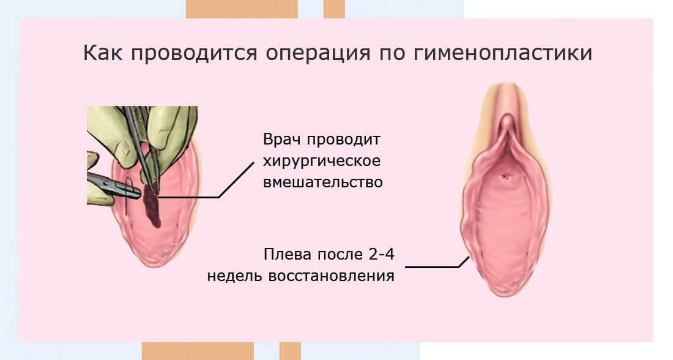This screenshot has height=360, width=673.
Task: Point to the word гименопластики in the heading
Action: tap(503, 53)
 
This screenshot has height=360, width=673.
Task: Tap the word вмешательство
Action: tap(323, 182)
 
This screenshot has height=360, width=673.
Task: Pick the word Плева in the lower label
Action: tap(287, 254)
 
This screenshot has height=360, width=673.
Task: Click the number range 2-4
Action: tap(381, 254)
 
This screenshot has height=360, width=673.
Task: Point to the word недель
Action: tap(234, 276)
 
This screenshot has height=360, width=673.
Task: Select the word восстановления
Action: tap(331, 276)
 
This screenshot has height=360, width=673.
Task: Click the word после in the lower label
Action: tap(340, 254)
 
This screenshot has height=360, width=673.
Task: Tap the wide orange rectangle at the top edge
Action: tap(242, 9)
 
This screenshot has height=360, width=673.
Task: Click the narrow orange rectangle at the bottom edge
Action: tap(291, 351)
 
